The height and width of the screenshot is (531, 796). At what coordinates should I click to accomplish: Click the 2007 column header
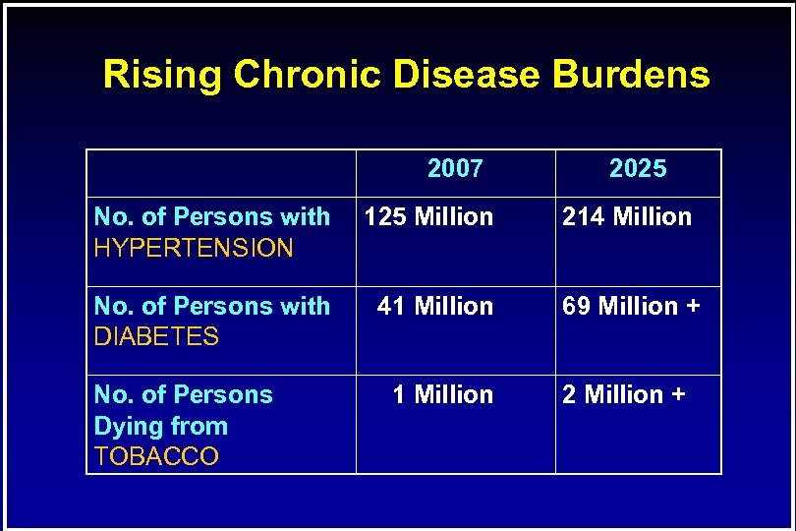(x=455, y=169)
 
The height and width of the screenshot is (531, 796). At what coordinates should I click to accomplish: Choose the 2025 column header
(x=638, y=169)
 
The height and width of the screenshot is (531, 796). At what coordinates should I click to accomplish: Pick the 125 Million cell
(x=428, y=217)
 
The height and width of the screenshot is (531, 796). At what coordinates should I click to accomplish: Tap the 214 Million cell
(x=627, y=217)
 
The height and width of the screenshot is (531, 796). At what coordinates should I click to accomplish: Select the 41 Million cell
(x=435, y=306)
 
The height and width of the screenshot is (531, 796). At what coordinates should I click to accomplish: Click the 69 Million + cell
(x=631, y=306)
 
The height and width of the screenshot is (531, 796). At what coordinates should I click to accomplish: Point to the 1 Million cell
(x=442, y=394)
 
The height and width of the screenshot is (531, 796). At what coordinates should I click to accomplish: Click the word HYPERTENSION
(x=194, y=248)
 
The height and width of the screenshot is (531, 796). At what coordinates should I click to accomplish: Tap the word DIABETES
(x=156, y=337)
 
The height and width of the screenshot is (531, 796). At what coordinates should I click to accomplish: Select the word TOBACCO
(x=156, y=457)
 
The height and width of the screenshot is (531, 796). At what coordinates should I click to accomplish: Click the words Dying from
(x=160, y=426)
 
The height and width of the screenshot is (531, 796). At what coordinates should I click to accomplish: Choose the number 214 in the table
(x=583, y=217)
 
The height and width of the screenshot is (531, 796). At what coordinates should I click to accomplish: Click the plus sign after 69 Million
(x=693, y=307)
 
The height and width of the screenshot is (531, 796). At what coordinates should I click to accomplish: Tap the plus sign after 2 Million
(x=678, y=395)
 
